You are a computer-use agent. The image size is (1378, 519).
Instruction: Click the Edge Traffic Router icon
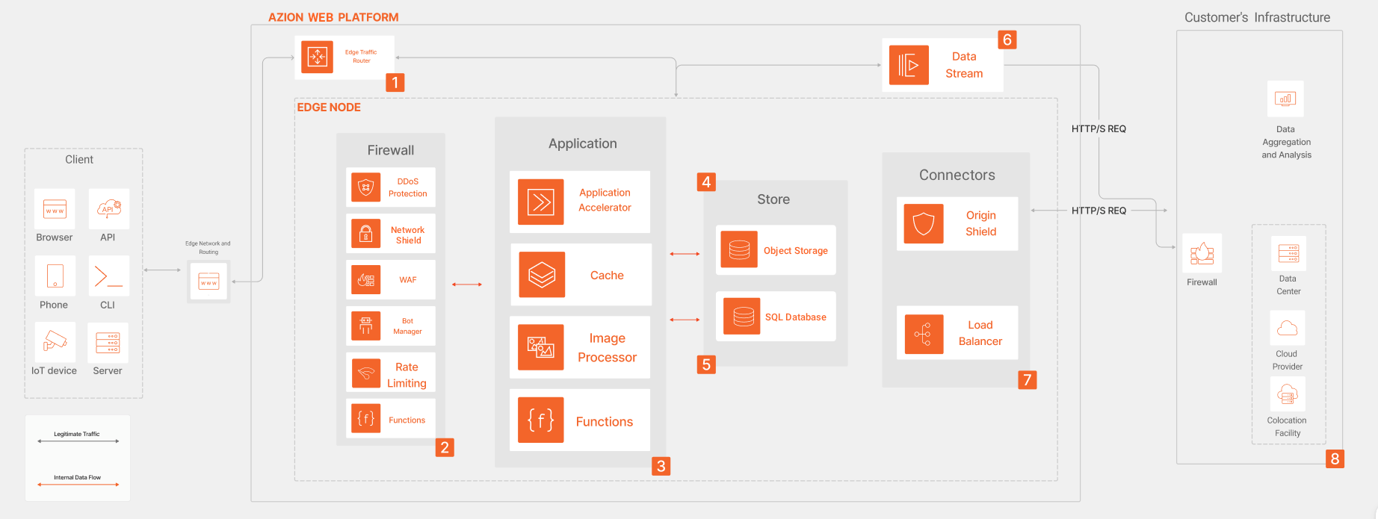[317, 57]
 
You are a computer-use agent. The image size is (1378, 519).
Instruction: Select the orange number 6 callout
[1007, 40]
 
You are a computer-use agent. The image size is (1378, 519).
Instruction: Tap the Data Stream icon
[909, 65]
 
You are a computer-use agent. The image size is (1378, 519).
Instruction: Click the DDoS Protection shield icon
[365, 187]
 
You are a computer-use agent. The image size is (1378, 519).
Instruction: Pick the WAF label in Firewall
[407, 280]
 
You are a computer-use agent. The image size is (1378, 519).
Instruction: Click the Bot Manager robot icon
[365, 326]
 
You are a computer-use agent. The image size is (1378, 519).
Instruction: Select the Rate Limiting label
[407, 375]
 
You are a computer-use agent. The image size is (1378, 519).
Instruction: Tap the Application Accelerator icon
[540, 202]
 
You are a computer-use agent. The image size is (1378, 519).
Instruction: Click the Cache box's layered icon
[542, 275]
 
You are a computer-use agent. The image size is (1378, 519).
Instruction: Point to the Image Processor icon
[540, 347]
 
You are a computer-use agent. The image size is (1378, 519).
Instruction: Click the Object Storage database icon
[739, 249]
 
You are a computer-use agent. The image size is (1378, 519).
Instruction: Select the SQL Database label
[795, 317]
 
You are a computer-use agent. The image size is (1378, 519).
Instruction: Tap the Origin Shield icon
[924, 223]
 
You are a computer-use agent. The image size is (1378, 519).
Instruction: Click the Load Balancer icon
[924, 334]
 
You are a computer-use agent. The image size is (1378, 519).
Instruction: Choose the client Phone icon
[55, 276]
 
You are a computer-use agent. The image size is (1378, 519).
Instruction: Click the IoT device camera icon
[55, 342]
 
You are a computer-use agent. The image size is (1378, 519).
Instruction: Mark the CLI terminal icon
[108, 276]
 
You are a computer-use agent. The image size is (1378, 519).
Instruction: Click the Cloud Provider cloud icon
[1287, 328]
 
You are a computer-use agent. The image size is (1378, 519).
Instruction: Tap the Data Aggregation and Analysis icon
[1285, 99]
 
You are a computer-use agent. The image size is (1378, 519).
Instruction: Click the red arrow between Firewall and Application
[467, 285]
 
